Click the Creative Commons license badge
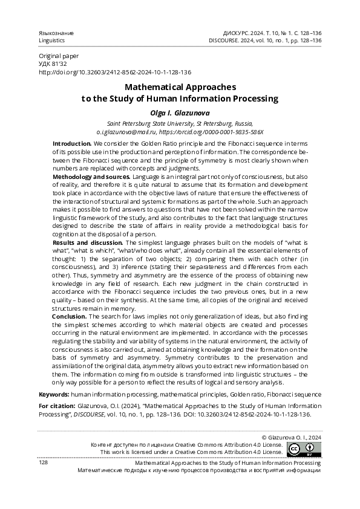[304, 449]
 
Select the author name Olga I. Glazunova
[180, 112]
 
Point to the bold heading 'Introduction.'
[73, 143]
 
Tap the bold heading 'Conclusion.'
[70, 316]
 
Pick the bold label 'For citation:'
[56, 407]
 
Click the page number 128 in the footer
[44, 462]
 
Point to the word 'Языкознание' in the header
[56, 32]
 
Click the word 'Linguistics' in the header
[52, 40]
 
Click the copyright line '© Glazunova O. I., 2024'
[290, 436]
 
